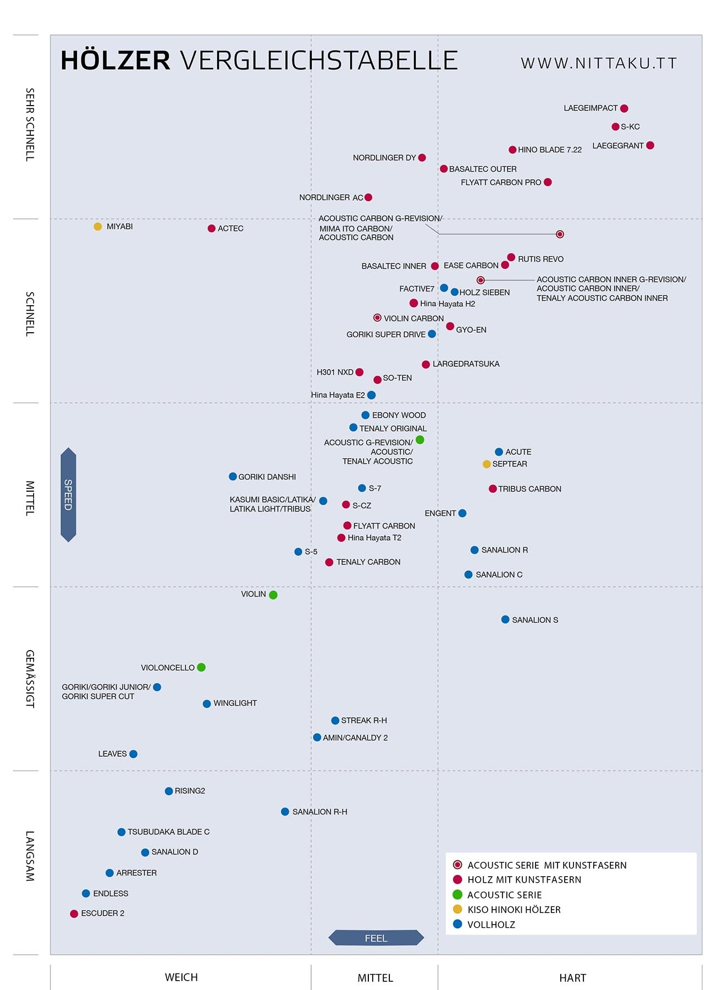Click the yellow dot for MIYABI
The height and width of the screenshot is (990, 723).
(x=98, y=227)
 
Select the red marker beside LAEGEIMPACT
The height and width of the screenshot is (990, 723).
(x=624, y=108)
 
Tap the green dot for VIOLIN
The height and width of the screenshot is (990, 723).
(x=273, y=595)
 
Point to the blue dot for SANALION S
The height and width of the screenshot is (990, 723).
(x=505, y=620)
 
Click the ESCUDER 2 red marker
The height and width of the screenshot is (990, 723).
(x=74, y=914)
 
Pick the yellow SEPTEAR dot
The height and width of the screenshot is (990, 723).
(x=487, y=464)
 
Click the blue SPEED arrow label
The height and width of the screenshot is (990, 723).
(x=68, y=494)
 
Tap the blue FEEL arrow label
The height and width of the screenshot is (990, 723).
(x=376, y=938)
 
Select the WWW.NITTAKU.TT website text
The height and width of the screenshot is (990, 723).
(x=599, y=63)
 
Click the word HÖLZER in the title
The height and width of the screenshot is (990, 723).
(x=115, y=61)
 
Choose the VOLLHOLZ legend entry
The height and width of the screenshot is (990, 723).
(x=491, y=925)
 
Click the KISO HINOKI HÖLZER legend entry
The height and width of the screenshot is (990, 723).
(x=514, y=910)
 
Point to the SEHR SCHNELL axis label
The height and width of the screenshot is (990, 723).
(x=30, y=124)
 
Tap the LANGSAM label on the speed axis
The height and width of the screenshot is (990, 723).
(x=30, y=856)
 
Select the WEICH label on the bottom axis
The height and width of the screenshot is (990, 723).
(x=181, y=977)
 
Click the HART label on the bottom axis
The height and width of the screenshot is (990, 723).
(x=572, y=978)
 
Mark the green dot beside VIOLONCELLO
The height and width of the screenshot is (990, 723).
(x=201, y=667)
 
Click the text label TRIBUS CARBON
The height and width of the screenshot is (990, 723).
(x=529, y=489)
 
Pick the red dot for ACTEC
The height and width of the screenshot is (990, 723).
(x=212, y=228)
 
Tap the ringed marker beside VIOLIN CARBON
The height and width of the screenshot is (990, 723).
(x=377, y=318)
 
